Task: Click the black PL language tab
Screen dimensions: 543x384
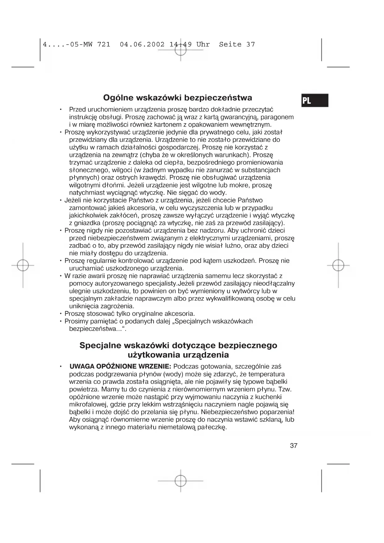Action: point(314,100)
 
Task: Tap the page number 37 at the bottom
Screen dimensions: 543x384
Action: point(293,445)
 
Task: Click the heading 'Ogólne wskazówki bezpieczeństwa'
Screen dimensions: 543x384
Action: point(177,98)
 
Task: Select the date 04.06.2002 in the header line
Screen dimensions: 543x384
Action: point(142,44)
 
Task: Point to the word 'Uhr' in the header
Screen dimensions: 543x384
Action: point(203,44)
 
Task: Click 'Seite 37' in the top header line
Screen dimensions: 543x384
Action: point(237,44)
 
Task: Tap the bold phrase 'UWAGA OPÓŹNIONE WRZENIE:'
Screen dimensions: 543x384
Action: point(120,367)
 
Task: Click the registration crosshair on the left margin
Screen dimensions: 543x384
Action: point(23,265)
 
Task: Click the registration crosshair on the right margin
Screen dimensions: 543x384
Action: point(338,265)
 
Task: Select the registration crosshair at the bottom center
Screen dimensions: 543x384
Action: point(180,481)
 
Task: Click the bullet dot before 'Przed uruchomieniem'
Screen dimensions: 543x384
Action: point(61,109)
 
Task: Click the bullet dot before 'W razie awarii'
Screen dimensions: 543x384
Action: point(61,276)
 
